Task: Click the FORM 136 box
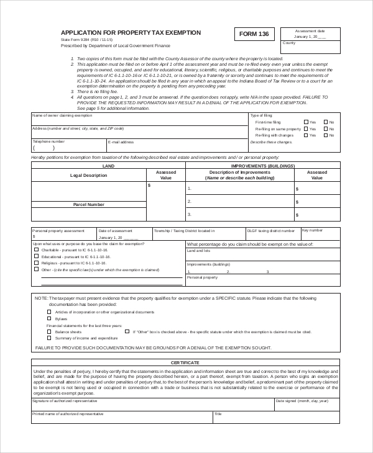tap(254, 35)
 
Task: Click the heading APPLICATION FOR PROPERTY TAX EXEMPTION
tap(131, 32)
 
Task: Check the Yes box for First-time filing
tap(306, 122)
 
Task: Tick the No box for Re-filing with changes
tap(325, 135)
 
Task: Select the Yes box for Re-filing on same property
tap(306, 128)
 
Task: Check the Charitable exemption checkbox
tap(36, 249)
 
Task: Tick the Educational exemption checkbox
tap(36, 256)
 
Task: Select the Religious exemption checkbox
tap(36, 263)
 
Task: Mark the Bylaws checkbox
tap(49, 318)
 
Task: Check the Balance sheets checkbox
tap(49, 332)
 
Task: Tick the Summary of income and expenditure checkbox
tap(49, 338)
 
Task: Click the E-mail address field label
tap(121, 142)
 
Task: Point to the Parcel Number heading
tap(89, 204)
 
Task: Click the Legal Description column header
tap(89, 176)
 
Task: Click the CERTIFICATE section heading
tap(185, 362)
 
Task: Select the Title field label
tap(218, 413)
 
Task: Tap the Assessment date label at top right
tap(310, 30)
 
